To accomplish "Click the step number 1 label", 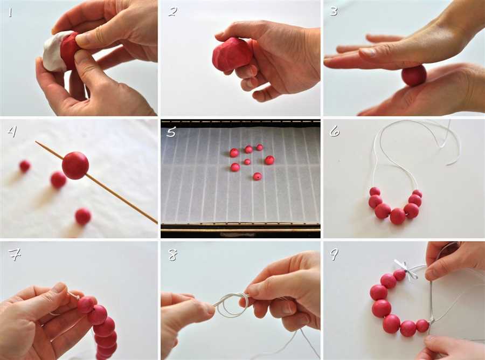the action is click(11, 12).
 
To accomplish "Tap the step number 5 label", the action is click(171, 131).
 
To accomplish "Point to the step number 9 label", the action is click(334, 254).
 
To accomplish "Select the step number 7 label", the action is click(14, 254).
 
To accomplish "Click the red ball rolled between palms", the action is click(414, 75).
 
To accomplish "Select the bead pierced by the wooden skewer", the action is click(75, 165).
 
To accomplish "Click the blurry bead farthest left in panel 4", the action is click(25, 166).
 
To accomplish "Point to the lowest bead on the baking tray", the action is click(257, 177).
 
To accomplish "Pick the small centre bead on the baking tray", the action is click(247, 162).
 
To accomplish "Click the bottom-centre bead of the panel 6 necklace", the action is click(398, 216).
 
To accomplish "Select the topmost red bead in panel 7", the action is click(86, 304).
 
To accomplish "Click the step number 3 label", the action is click(334, 11).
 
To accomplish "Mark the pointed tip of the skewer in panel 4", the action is click(36, 142).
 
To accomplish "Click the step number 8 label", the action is click(172, 255).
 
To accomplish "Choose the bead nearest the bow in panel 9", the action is click(399, 275).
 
